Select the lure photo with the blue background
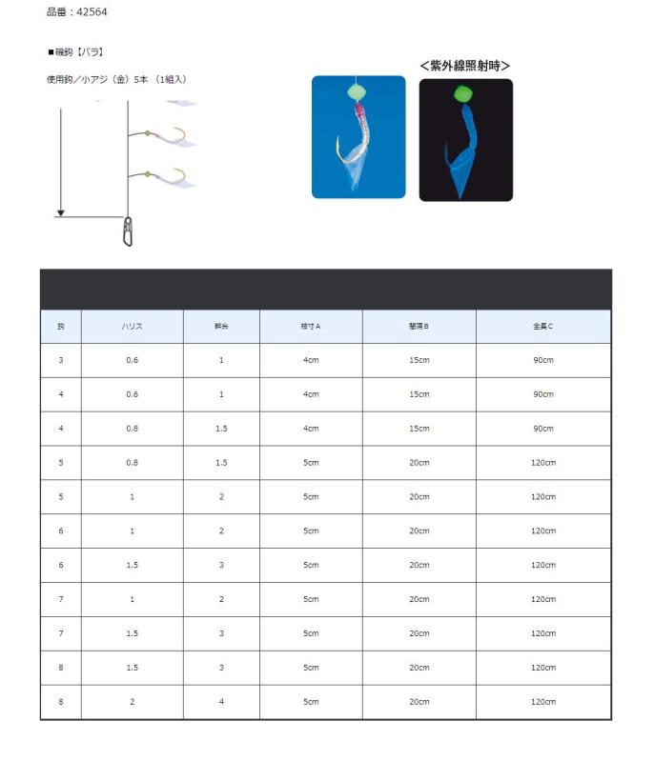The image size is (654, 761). [358, 137]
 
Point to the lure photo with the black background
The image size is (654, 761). [465, 140]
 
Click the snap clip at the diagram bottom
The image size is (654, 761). [128, 230]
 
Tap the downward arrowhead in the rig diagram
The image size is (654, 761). [60, 212]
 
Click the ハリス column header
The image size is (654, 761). [132, 327]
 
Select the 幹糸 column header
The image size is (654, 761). [221, 327]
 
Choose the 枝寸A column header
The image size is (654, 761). [310, 327]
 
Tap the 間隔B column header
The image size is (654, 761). [419, 327]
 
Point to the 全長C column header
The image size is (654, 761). [542, 327]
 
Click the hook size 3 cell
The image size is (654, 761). [61, 360]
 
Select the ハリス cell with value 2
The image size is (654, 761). [132, 702]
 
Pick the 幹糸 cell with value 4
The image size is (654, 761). [221, 702]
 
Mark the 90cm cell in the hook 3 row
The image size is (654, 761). [542, 360]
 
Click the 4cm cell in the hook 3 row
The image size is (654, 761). [310, 360]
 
